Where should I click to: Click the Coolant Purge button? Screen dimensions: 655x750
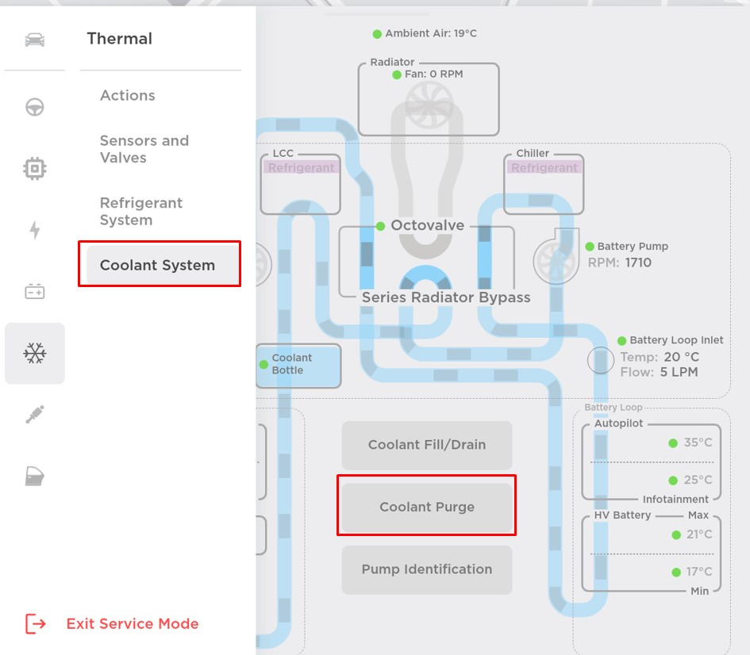(x=427, y=507)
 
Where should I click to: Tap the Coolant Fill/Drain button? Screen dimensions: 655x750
(x=427, y=445)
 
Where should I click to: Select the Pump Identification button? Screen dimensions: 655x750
(x=427, y=569)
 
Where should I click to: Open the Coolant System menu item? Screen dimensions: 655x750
(x=158, y=265)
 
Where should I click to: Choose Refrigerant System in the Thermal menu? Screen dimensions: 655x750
(x=141, y=212)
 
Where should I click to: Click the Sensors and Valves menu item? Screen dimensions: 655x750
(x=144, y=149)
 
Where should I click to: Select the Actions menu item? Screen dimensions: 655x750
(x=128, y=95)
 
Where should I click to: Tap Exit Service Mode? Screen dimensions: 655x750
(x=132, y=624)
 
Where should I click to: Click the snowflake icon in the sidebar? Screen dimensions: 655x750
(x=35, y=354)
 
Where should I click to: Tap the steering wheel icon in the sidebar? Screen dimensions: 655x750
(x=35, y=107)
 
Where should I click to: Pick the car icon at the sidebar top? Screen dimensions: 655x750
(x=35, y=40)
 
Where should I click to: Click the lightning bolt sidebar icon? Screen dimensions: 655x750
(x=35, y=230)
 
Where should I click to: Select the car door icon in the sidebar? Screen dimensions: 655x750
(x=35, y=476)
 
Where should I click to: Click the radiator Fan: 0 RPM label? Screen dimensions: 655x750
(x=433, y=75)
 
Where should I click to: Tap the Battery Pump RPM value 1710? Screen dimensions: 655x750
(x=638, y=262)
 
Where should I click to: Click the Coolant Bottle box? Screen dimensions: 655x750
(x=298, y=365)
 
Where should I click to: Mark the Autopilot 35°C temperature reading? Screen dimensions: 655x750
(x=698, y=442)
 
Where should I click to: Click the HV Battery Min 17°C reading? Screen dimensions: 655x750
(x=698, y=572)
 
